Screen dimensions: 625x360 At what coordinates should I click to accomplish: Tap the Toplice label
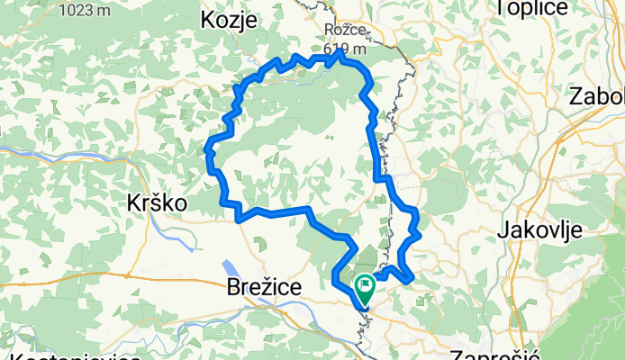click(x=530, y=7)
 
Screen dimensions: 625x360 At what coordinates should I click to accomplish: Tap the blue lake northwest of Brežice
click(x=231, y=269)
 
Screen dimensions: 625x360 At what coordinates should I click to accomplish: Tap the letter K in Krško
click(x=131, y=203)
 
